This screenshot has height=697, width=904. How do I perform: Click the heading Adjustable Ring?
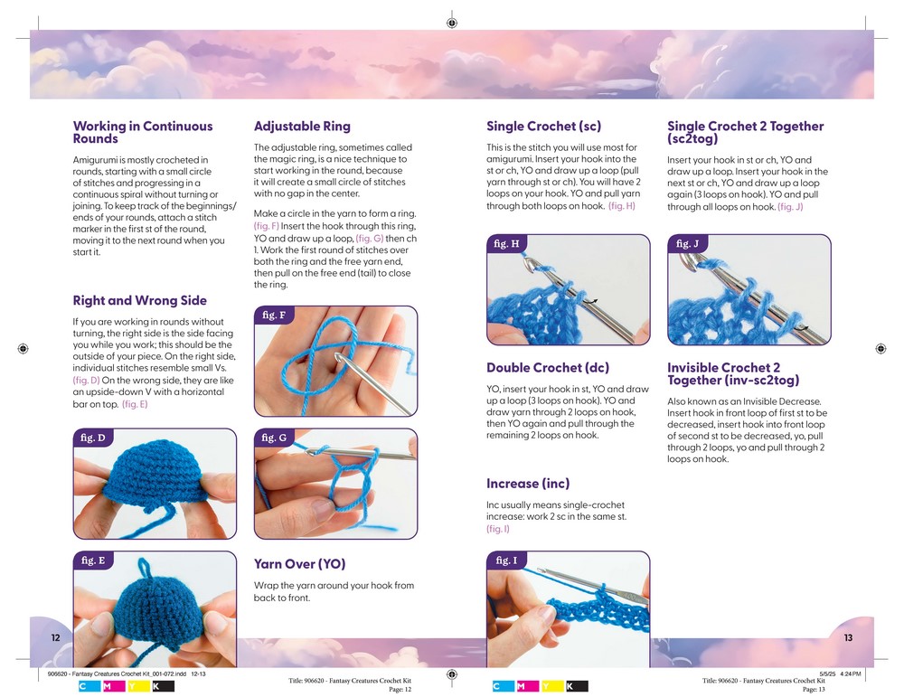(302, 127)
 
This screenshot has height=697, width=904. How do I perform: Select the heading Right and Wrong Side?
(139, 301)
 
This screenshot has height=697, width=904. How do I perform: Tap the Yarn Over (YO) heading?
(299, 564)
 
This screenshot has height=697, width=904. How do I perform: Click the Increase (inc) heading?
(528, 484)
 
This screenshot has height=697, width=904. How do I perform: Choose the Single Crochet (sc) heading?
(543, 127)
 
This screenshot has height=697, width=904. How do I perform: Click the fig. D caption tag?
(92, 438)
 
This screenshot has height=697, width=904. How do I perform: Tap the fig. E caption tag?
(92, 560)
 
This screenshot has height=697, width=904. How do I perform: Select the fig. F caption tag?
(273, 316)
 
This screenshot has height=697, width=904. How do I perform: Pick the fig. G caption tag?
(274, 438)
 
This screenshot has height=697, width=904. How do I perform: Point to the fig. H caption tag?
(507, 244)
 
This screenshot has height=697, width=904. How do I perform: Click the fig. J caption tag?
(687, 244)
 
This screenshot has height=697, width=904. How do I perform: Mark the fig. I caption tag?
(506, 560)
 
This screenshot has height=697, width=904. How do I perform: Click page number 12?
(55, 638)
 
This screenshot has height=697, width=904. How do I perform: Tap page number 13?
(848, 638)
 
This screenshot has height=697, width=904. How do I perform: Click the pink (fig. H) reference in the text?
(622, 206)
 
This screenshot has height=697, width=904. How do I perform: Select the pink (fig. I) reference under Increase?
(498, 529)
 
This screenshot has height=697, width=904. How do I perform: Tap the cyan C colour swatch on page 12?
(85, 687)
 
